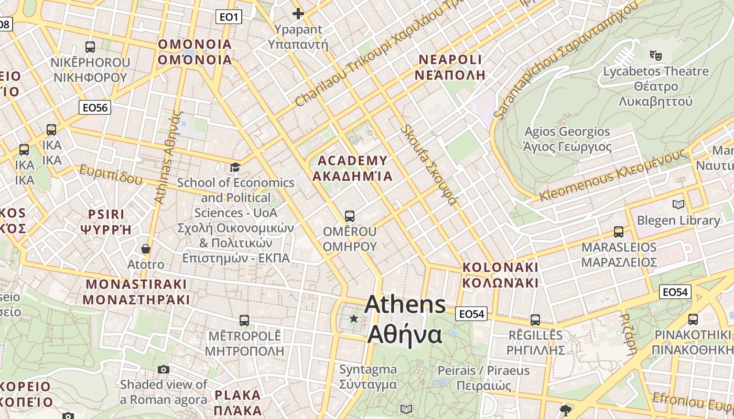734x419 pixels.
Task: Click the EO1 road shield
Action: pos(229,17)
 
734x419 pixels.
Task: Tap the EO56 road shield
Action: pos(95,108)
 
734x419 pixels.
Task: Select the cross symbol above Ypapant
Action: pos(298,14)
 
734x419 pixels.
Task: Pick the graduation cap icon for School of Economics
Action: pos(235,167)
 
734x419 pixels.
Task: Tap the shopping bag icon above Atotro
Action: pos(145,249)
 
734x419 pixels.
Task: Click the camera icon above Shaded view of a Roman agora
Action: pos(163,369)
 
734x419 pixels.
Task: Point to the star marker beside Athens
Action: pos(354,318)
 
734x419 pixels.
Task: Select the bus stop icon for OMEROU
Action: pos(350,216)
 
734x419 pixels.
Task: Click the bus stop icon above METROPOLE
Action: pos(244,320)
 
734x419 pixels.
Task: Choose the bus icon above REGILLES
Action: pos(535,319)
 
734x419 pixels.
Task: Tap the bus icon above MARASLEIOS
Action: pos(619,231)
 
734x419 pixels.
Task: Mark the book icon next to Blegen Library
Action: pos(678,204)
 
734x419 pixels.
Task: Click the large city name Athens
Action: pos(405,304)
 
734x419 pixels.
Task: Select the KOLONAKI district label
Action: pos(500,267)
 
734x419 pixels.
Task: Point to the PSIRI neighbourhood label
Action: pos(106,214)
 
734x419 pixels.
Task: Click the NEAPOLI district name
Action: pos(449,59)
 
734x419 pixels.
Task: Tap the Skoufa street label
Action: pos(428,164)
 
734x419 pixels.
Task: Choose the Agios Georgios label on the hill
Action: pos(567,131)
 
